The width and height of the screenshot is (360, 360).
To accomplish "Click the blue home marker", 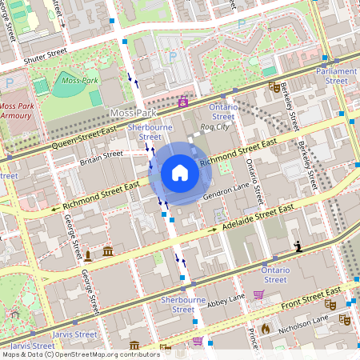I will point(180,173).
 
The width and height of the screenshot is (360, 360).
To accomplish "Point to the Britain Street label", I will point(101,154).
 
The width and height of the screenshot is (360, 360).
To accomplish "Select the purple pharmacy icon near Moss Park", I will point(184,102).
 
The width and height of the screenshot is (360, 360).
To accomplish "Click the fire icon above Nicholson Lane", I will point(264,328).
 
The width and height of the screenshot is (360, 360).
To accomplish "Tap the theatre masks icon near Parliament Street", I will point(274,86).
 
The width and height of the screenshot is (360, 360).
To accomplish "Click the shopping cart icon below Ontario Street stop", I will point(258,294).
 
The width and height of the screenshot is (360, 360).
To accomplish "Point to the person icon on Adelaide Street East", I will point(298,246).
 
